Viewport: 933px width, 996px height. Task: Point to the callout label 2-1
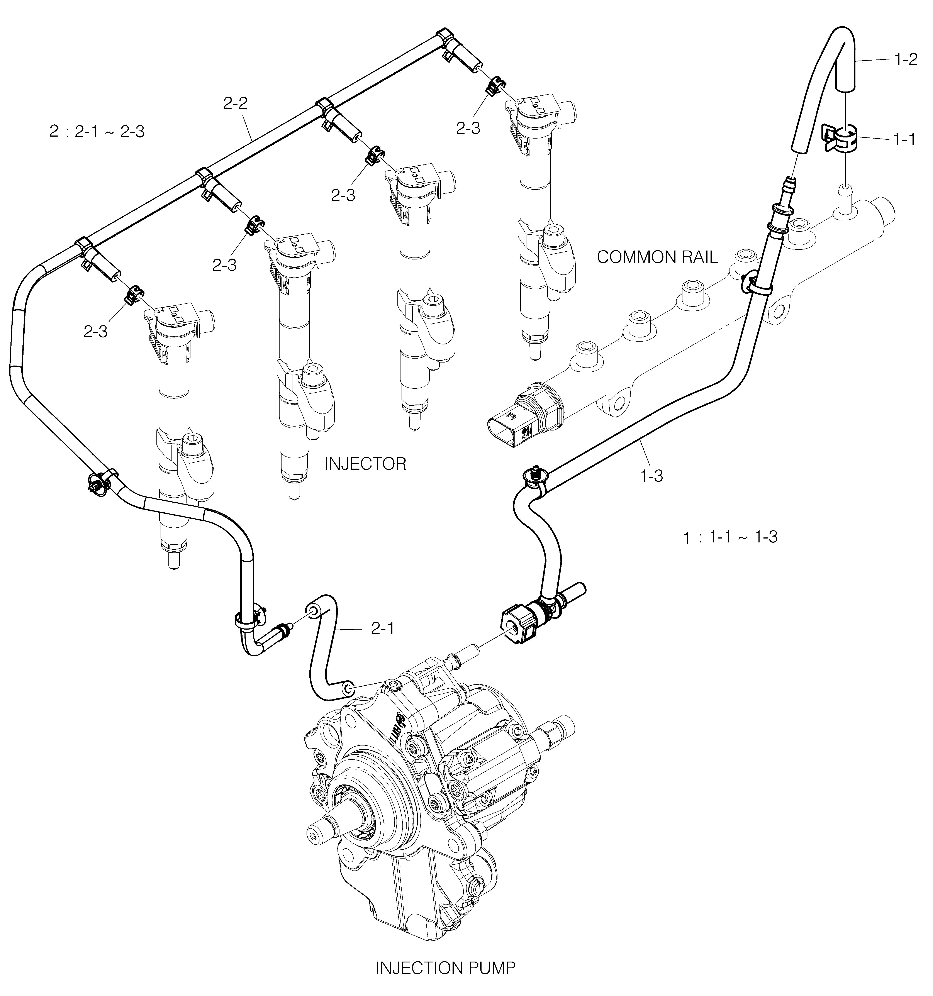point(382,628)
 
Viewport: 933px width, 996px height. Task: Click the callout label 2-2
point(236,104)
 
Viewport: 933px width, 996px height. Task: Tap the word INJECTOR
point(365,464)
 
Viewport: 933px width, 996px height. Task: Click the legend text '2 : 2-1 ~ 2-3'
point(97,132)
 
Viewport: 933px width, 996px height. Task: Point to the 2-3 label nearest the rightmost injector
point(468,128)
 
